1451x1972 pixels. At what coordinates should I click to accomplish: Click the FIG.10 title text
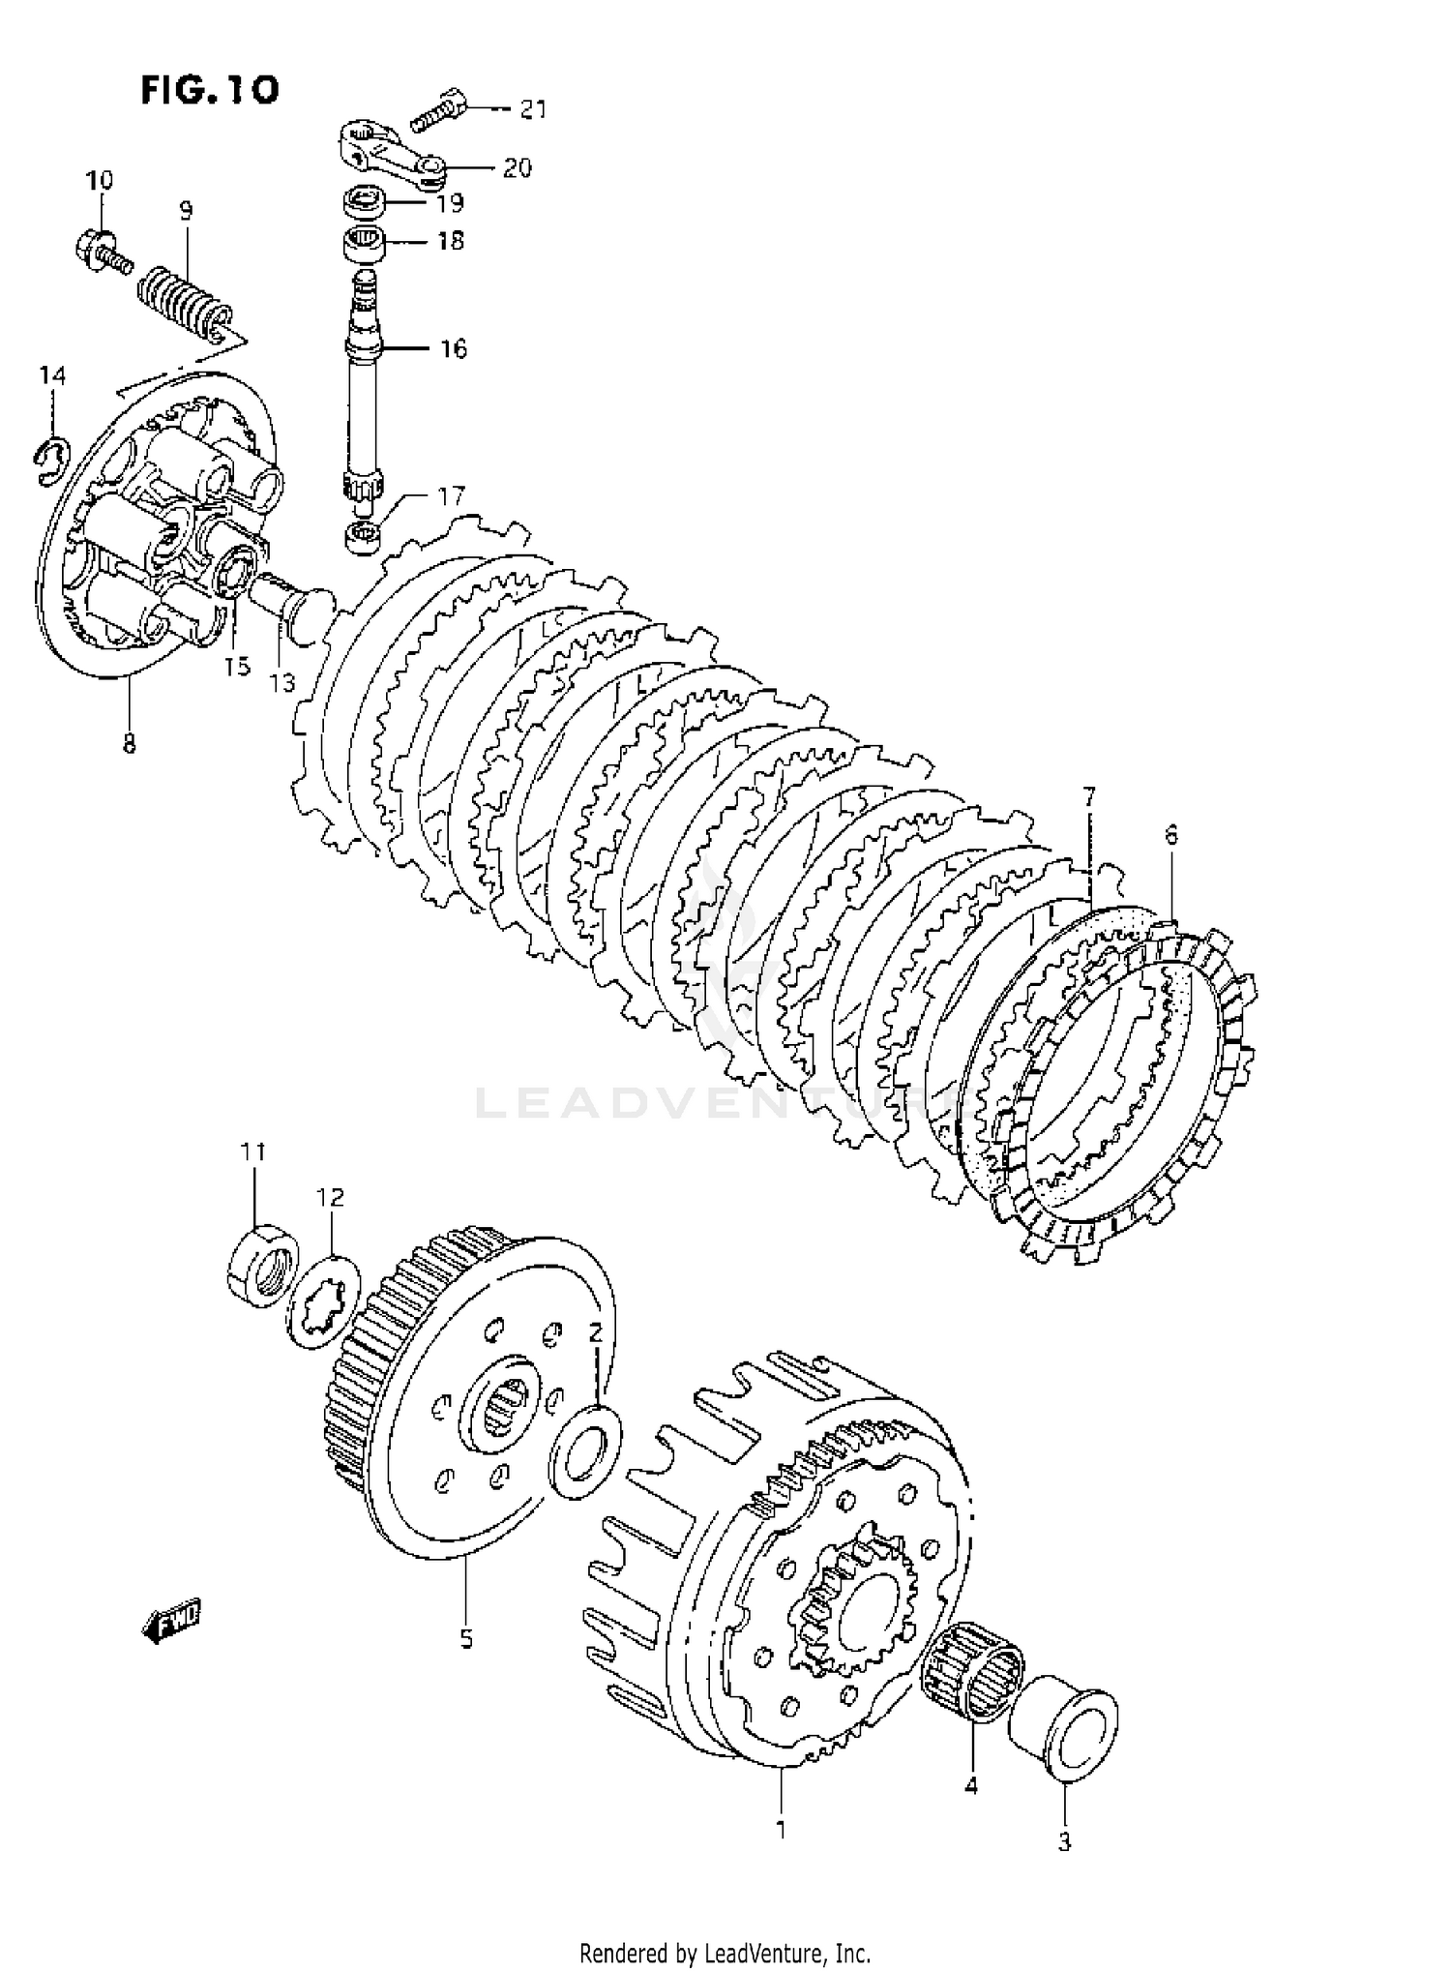point(210,90)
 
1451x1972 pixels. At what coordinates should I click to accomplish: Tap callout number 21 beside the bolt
point(533,110)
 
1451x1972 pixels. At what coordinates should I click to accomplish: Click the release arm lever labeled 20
point(390,151)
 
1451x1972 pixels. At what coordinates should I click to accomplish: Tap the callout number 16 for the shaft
point(454,348)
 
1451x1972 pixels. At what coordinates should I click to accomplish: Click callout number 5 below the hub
point(466,1639)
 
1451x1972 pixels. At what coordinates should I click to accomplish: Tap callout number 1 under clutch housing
point(782,1830)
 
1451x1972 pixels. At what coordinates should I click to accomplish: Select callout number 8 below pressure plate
point(130,744)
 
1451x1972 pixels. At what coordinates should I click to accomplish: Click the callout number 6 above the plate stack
point(1171,834)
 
